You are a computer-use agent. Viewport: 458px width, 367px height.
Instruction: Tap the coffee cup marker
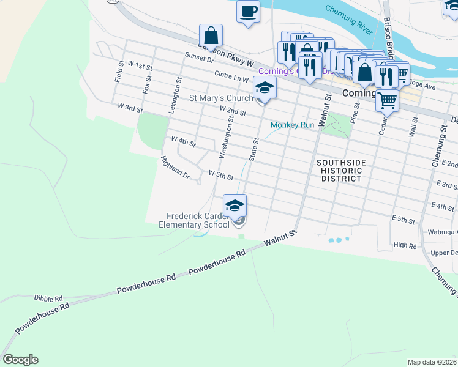(x=248, y=12)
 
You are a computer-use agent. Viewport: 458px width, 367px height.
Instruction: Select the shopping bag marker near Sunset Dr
(x=211, y=36)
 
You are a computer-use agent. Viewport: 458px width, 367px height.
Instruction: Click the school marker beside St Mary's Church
(x=265, y=89)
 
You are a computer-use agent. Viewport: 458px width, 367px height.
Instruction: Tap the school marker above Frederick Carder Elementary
(x=235, y=206)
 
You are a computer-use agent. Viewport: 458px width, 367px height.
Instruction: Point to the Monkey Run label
(x=293, y=125)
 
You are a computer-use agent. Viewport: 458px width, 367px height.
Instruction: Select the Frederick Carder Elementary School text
(x=193, y=220)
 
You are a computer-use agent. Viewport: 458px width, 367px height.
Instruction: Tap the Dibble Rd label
(x=48, y=298)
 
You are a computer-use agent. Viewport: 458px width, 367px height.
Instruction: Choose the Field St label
(x=119, y=72)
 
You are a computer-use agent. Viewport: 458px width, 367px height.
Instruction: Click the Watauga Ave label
(x=437, y=232)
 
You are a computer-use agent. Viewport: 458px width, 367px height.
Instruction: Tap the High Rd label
(x=405, y=245)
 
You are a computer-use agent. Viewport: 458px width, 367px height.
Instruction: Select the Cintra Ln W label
(x=231, y=76)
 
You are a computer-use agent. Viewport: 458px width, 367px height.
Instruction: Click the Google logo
(x=20, y=360)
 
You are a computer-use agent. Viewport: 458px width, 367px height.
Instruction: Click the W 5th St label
(x=221, y=175)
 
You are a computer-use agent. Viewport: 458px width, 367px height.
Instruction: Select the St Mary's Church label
(x=220, y=98)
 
